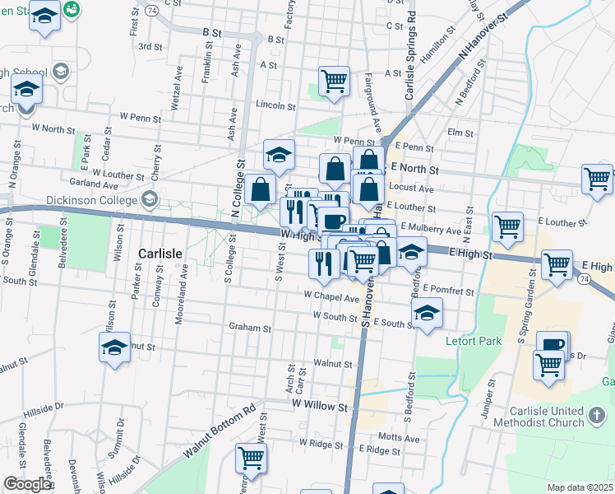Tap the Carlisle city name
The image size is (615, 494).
160,254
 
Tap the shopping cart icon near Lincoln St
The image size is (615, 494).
334,82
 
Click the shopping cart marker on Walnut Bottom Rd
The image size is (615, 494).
252,458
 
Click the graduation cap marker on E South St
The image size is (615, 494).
427,313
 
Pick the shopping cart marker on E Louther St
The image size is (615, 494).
508,226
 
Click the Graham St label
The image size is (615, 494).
250,328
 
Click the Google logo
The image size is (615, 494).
27,485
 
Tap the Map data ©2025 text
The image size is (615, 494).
580,487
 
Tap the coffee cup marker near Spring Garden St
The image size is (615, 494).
553,345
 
